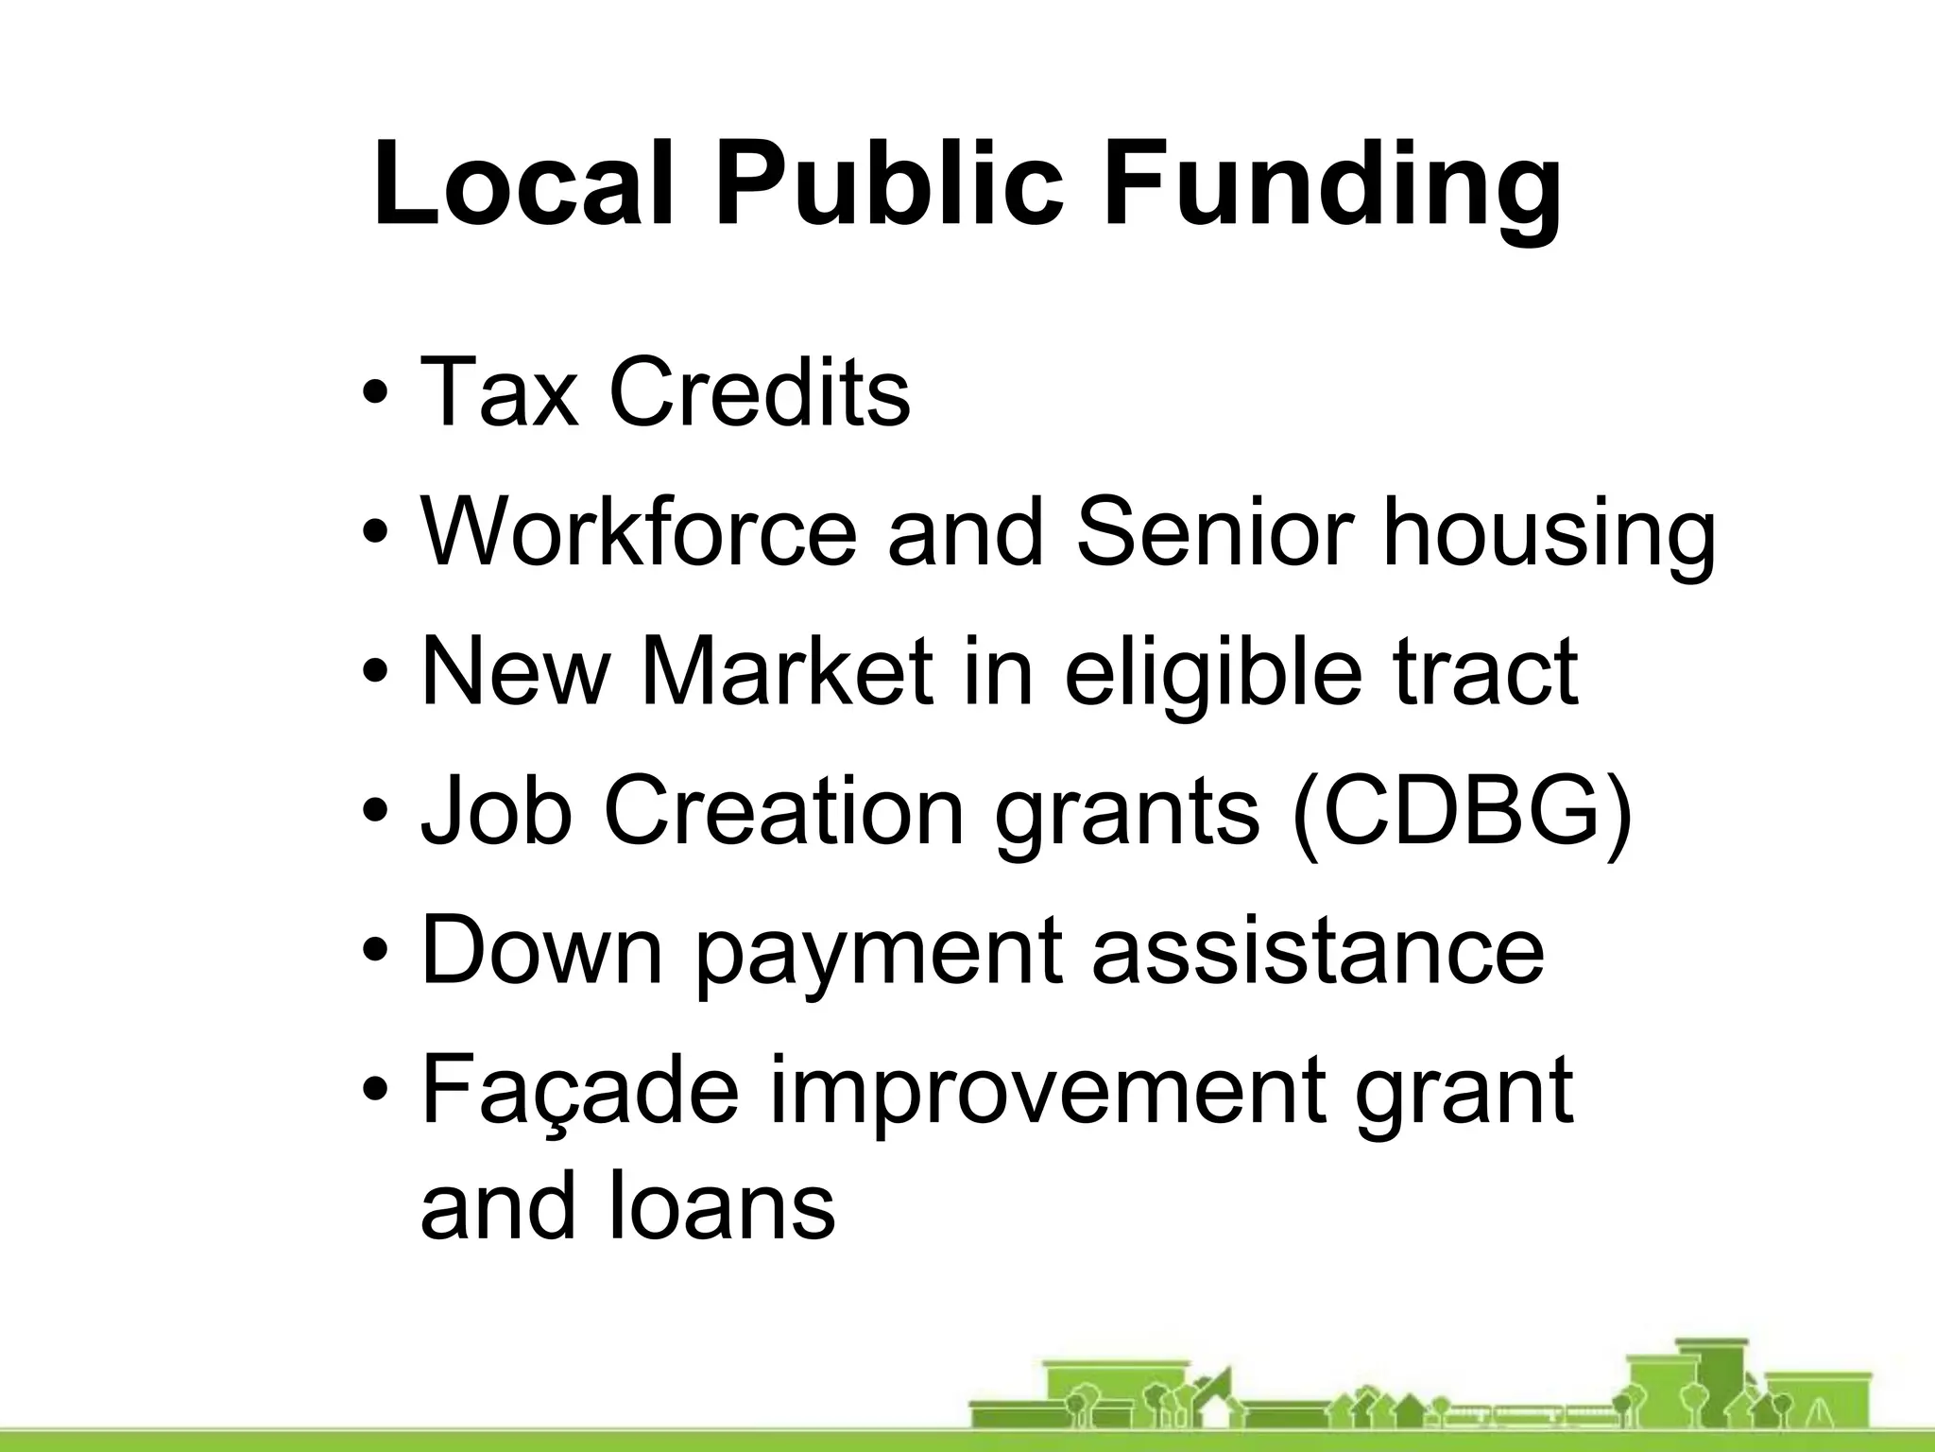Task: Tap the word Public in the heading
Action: tap(889, 183)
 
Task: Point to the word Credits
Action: tap(760, 391)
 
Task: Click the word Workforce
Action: tap(639, 531)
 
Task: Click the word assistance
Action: tap(1318, 949)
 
